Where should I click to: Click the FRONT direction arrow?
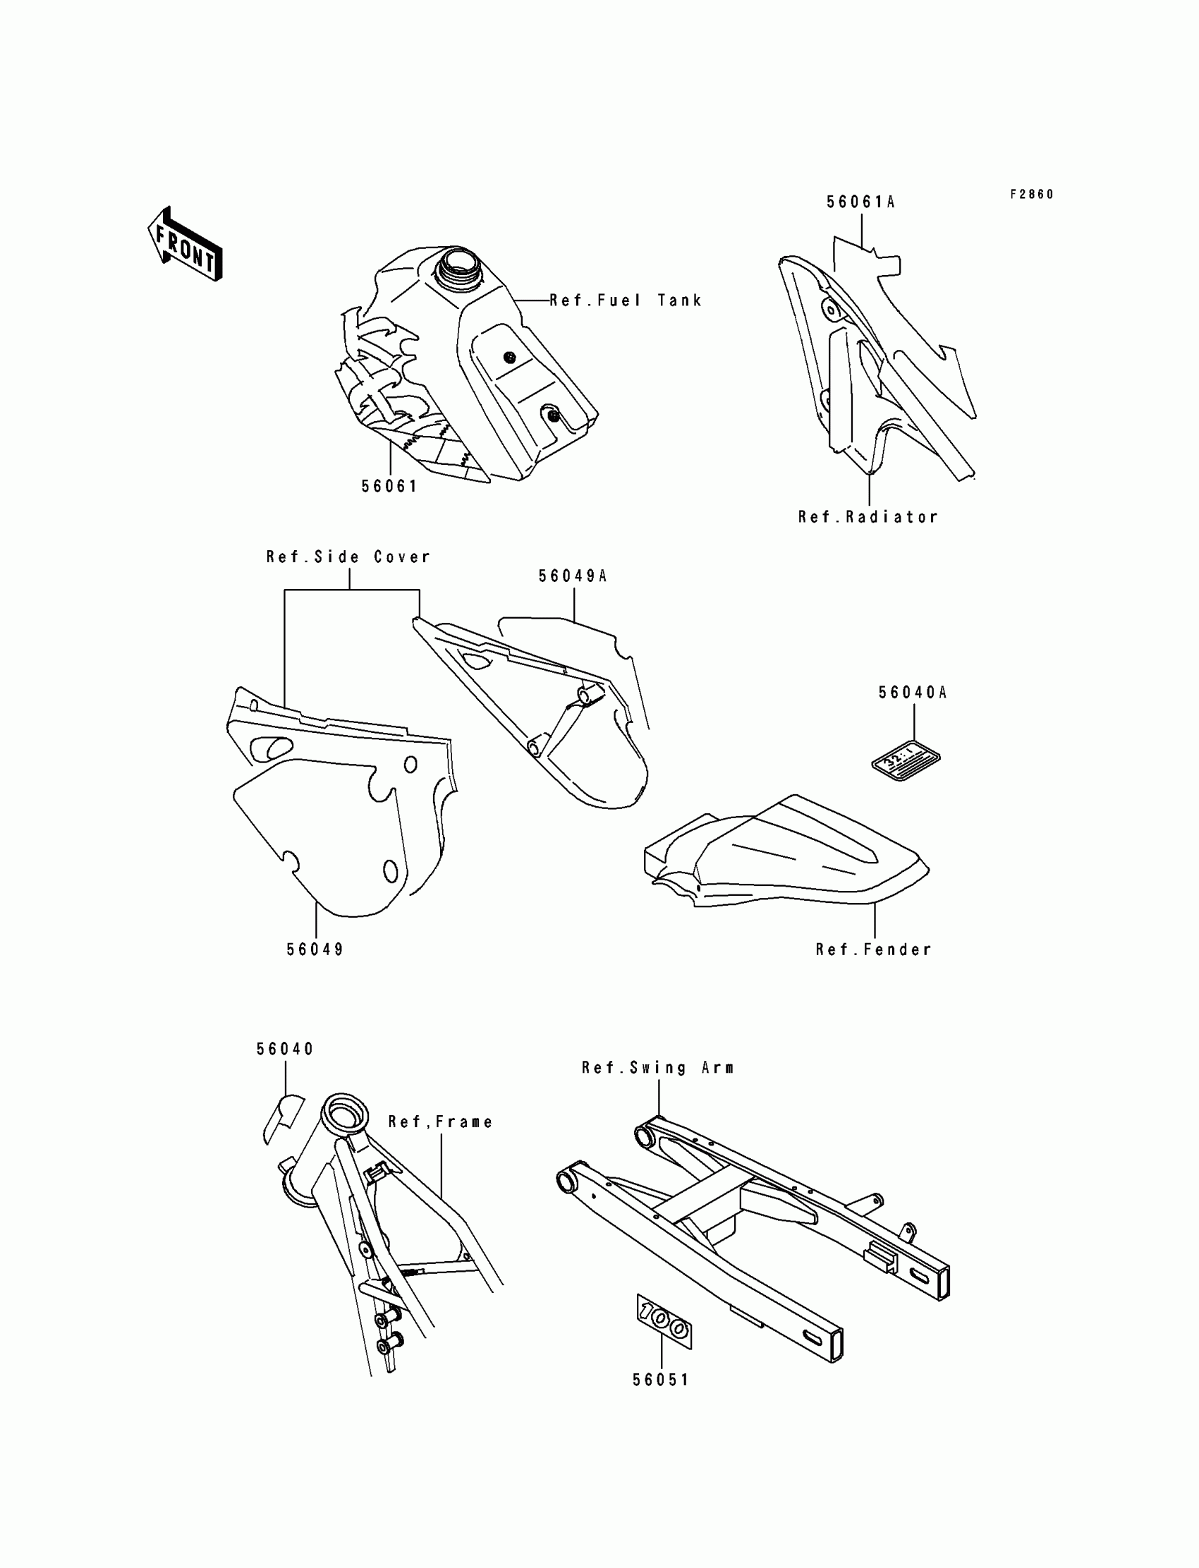pyautogui.click(x=185, y=245)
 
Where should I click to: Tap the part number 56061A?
pyautogui.click(x=860, y=202)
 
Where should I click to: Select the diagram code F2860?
pyautogui.click(x=1031, y=194)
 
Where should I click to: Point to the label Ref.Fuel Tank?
pyautogui.click(x=625, y=300)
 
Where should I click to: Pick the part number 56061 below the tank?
pyautogui.click(x=389, y=486)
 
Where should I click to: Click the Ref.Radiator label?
pyautogui.click(x=868, y=517)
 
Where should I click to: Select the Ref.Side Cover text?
pyautogui.click(x=348, y=557)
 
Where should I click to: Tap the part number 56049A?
pyautogui.click(x=573, y=576)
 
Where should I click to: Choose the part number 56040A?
pyautogui.click(x=912, y=692)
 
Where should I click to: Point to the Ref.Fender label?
pyautogui.click(x=874, y=949)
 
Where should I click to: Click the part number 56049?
pyautogui.click(x=315, y=949)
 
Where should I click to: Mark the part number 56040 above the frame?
pyautogui.click(x=286, y=1049)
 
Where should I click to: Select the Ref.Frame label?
pyautogui.click(x=440, y=1122)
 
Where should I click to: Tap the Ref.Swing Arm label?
pyautogui.click(x=657, y=1068)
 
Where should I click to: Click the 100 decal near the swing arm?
pyautogui.click(x=664, y=1322)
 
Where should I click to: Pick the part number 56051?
pyautogui.click(x=661, y=1380)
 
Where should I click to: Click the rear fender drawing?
pyautogui.click(x=785, y=853)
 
